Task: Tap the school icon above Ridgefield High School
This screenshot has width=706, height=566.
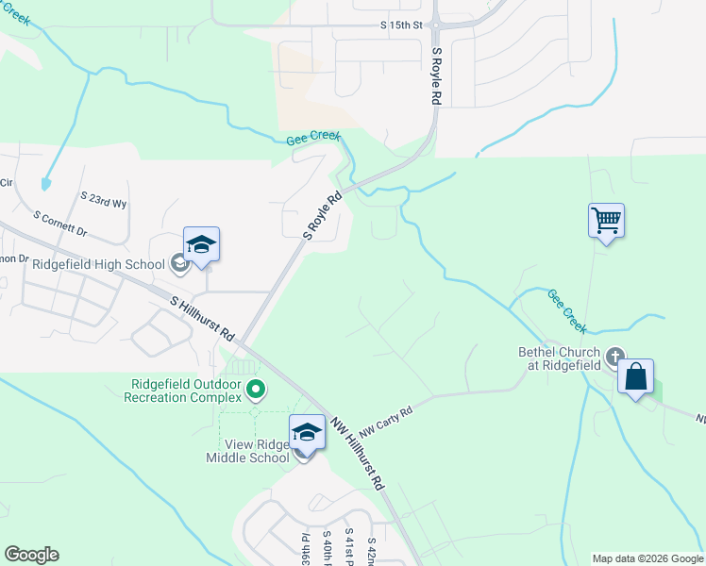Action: click(201, 245)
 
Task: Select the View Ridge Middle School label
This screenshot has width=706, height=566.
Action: click(247, 451)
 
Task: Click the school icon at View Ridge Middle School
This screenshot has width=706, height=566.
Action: click(307, 433)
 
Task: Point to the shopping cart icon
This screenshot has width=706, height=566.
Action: click(606, 222)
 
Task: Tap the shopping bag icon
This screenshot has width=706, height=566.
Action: click(636, 376)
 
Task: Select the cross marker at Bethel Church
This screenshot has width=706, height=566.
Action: click(615, 357)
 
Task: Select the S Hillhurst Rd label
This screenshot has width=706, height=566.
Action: click(203, 319)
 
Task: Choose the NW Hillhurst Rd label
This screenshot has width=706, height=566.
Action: click(358, 452)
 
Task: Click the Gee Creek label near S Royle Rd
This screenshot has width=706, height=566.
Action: click(312, 138)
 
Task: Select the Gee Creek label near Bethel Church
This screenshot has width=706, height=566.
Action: click(566, 311)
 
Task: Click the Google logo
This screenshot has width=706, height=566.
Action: click(31, 555)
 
